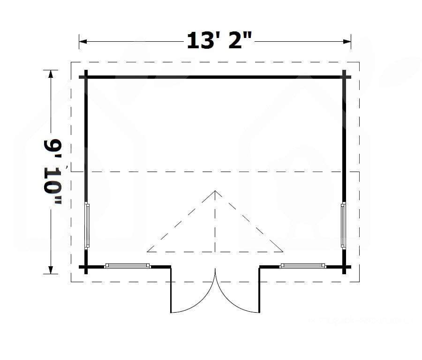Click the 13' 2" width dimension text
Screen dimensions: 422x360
[219, 41]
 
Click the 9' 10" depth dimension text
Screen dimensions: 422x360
[53, 172]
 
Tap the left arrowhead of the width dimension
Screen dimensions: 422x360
[83, 41]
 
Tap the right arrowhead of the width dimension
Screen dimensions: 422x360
[347, 41]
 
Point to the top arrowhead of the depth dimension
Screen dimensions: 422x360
[51, 74]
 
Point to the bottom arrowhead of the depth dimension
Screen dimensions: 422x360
[51, 270]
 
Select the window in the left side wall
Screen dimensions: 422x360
[87, 225]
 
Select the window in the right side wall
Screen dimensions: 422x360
[343, 225]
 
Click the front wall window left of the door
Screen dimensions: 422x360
[127, 266]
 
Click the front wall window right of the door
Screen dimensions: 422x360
[303, 266]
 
